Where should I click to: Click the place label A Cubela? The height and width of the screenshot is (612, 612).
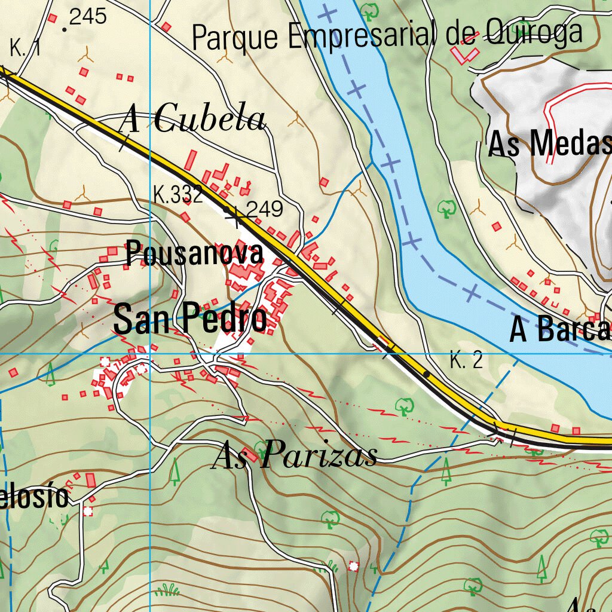(192, 120)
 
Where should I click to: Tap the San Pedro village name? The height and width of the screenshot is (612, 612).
(190, 319)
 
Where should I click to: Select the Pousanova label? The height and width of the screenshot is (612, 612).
(194, 254)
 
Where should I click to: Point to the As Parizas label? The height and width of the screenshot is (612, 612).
(295, 455)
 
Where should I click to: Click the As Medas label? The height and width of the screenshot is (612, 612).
(549, 144)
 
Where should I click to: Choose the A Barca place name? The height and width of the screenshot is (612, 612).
(559, 330)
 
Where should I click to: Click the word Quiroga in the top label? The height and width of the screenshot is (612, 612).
(534, 32)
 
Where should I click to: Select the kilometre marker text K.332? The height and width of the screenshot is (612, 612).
(178, 194)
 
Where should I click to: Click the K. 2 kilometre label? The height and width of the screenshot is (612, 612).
(466, 361)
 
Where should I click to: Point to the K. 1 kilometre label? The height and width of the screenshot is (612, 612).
(25, 48)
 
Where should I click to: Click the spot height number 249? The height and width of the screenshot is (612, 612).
(264, 209)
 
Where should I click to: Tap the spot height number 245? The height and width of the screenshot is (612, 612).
(88, 17)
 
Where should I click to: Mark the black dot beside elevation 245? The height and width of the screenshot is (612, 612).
(64, 28)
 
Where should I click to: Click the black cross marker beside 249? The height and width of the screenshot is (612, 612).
(235, 218)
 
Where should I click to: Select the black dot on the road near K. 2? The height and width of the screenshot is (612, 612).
(426, 374)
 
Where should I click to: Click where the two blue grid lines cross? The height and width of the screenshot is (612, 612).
(149, 354)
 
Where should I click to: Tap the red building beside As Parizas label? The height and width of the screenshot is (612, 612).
(250, 456)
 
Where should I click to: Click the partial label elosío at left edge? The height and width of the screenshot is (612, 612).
(34, 497)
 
